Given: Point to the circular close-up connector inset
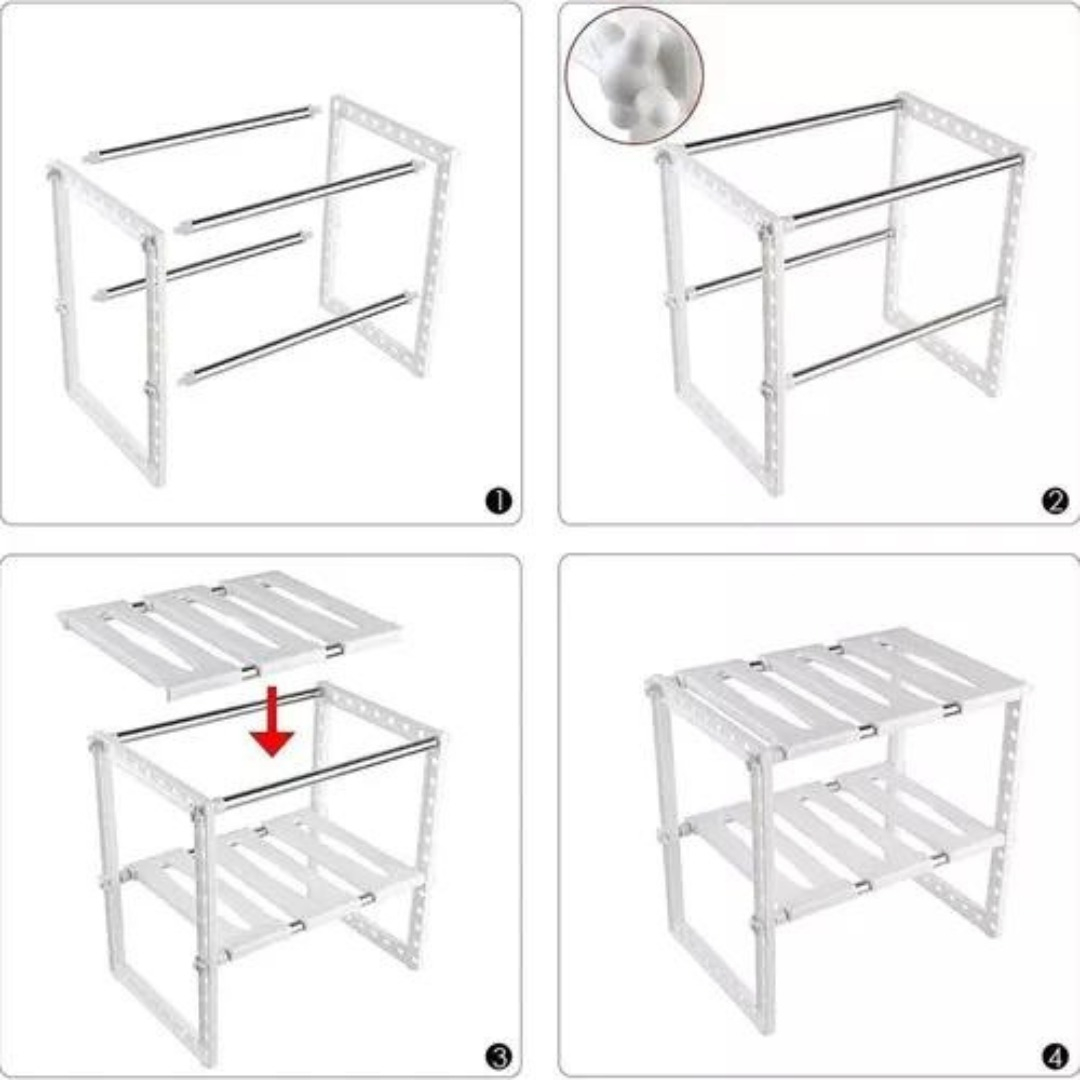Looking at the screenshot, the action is (634, 75).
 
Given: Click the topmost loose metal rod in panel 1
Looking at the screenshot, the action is (202, 134).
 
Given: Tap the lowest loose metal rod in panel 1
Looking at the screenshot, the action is (298, 339).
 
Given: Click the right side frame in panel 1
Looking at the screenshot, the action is (387, 235).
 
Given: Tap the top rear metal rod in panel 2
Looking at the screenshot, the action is (792, 124).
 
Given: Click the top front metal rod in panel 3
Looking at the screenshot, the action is (328, 771).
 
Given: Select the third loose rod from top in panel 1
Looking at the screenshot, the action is (202, 266).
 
